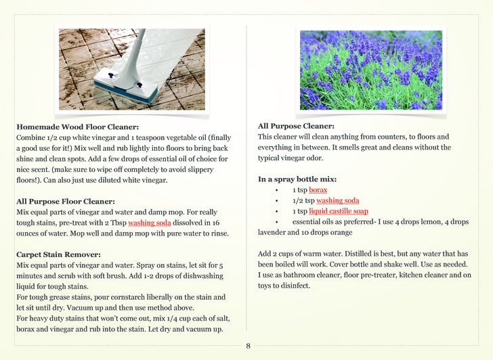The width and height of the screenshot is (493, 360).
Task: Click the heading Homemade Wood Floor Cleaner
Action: click(x=78, y=127)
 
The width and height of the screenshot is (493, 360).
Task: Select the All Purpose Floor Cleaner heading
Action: click(x=66, y=201)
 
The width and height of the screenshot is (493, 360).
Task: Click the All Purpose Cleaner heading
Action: click(x=296, y=126)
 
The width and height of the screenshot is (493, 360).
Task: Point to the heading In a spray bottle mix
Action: click(x=297, y=179)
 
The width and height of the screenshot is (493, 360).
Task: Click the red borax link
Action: click(x=318, y=190)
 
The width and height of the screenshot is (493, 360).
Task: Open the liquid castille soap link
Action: click(x=338, y=211)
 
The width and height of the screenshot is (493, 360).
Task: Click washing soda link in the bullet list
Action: click(x=337, y=200)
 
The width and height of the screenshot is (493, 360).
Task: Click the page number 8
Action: click(x=248, y=346)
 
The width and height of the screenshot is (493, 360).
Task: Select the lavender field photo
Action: click(x=370, y=69)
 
